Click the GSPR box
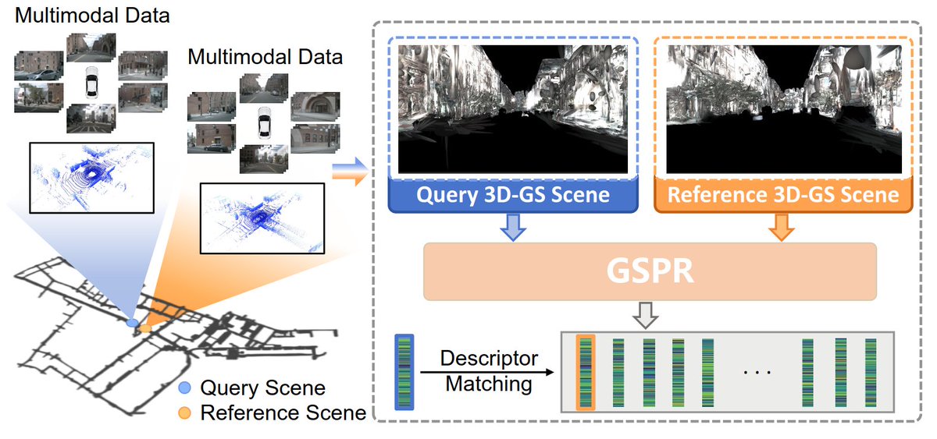(x=650, y=271)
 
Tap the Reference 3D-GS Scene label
(x=782, y=194)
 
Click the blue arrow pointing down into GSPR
(x=512, y=227)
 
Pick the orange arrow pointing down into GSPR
(x=783, y=227)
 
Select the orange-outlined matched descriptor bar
(x=585, y=372)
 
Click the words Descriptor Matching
(x=489, y=371)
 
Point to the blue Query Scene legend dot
(x=184, y=388)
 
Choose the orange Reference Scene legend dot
(x=184, y=411)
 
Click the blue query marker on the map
(x=132, y=321)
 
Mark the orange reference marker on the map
(x=146, y=329)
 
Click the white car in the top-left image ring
(x=91, y=80)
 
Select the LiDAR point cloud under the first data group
(x=92, y=177)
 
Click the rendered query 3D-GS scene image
(x=512, y=108)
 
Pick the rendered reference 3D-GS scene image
(x=783, y=108)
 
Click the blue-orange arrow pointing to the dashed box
(x=349, y=172)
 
